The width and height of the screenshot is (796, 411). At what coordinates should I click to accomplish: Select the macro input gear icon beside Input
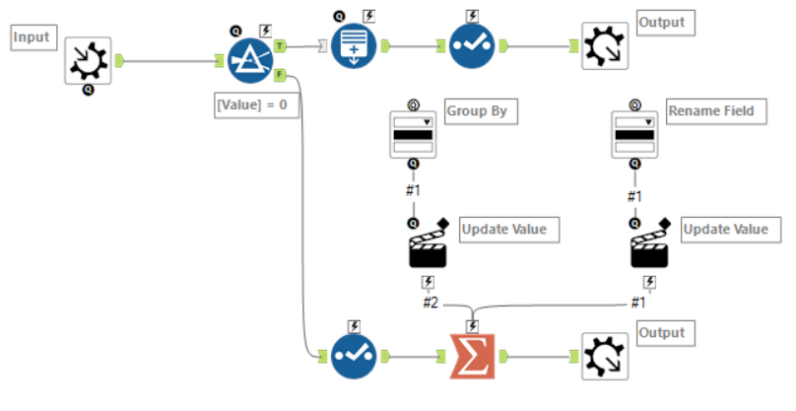[x=89, y=61]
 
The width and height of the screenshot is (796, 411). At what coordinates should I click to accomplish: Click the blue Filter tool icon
[x=251, y=61]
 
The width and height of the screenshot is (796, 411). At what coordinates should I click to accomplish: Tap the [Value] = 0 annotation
[x=257, y=103]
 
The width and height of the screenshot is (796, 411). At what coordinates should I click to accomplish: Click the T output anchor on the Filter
[x=282, y=45]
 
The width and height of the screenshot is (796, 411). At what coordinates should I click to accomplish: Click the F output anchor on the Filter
[x=282, y=74]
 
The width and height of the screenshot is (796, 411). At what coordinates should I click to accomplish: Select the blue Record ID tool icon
[x=353, y=45]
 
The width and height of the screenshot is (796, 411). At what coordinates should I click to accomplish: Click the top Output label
[x=661, y=22]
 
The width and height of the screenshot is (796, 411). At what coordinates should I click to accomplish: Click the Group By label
[x=477, y=110]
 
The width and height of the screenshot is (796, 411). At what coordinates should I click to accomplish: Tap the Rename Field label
[x=710, y=110]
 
